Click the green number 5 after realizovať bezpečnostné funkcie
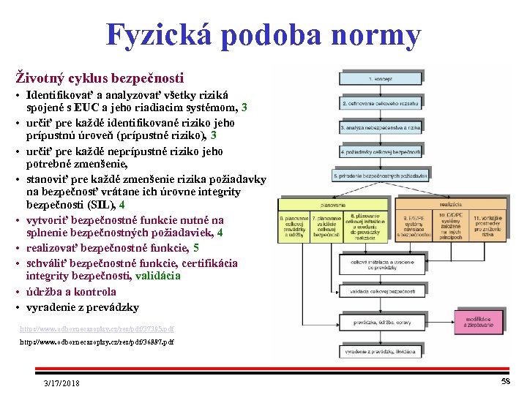coord(196,248)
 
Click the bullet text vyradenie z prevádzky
coord(82,307)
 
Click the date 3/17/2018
coord(62,383)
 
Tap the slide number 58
coord(506,382)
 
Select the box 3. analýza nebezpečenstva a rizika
coord(381,127)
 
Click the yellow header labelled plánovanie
coord(332,204)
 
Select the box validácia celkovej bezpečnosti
coord(380,293)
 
